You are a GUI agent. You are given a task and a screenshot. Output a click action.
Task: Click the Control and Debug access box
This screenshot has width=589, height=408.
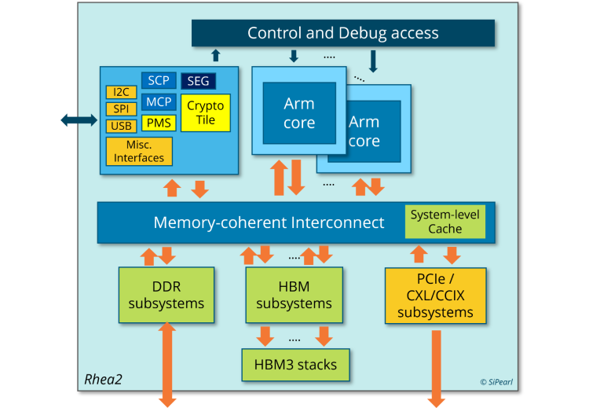tap(343, 33)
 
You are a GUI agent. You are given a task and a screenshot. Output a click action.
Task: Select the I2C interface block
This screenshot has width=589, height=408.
tap(120, 93)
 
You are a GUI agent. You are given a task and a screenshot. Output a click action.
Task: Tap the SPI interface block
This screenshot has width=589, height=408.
tap(120, 109)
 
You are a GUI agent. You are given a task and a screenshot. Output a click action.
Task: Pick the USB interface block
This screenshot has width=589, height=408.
tap(120, 126)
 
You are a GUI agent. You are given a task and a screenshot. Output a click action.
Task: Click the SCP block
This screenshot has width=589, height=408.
tap(159, 80)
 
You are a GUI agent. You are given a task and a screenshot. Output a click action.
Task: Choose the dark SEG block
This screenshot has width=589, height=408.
tap(198, 81)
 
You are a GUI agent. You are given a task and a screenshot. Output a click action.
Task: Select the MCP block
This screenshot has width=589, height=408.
tap(159, 101)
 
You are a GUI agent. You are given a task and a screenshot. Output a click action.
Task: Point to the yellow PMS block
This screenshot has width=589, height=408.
tap(159, 123)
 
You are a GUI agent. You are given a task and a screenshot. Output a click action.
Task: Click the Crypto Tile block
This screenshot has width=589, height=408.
tap(206, 112)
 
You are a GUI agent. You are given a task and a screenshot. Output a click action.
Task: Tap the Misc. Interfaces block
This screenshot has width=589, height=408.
tap(139, 151)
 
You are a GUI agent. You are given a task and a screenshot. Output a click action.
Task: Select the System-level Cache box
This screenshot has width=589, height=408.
tap(445, 222)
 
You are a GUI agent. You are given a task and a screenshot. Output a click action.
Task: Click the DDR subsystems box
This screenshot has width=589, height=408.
tap(166, 295)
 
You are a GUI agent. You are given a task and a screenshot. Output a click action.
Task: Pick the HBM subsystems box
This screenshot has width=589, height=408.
tap(294, 295)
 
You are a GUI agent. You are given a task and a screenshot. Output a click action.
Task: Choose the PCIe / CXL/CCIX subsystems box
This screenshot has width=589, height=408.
tap(435, 296)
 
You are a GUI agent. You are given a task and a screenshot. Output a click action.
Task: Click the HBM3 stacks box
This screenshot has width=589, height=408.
tap(294, 364)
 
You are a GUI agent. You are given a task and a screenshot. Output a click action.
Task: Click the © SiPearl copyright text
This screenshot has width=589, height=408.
tap(499, 382)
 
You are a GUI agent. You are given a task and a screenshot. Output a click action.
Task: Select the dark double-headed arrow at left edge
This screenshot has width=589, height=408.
tap(78, 119)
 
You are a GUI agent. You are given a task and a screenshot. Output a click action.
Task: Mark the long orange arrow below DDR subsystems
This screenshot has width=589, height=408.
tap(167, 366)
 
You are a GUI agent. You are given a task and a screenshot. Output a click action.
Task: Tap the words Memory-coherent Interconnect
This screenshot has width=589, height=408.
tap(269, 222)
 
